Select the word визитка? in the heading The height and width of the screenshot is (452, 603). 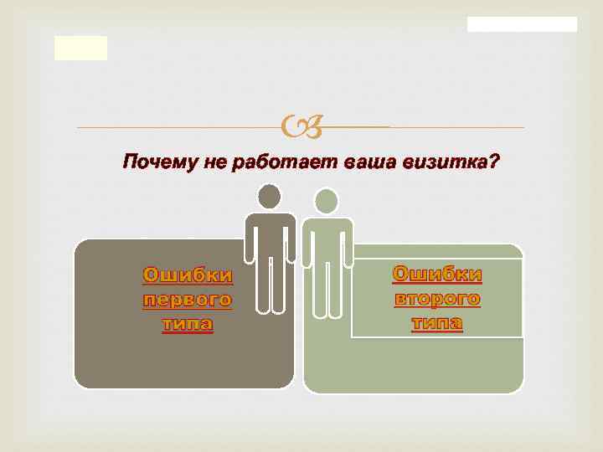pyautogui.click(x=456, y=162)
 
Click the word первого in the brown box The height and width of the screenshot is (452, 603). pyautogui.click(x=188, y=300)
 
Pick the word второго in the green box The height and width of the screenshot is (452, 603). pyautogui.click(x=436, y=298)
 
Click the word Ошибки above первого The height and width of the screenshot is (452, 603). pyautogui.click(x=188, y=275)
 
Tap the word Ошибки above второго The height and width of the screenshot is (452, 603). pyautogui.click(x=436, y=274)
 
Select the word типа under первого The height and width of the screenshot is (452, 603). pyautogui.click(x=188, y=324)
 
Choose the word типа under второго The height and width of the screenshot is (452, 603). pyautogui.click(x=436, y=322)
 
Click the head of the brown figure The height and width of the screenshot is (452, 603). pyautogui.click(x=270, y=197)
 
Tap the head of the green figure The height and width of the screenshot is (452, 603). pyautogui.click(x=327, y=201)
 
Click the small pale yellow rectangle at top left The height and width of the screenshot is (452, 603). pyautogui.click(x=81, y=49)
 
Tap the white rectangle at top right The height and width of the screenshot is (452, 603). pyautogui.click(x=522, y=24)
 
